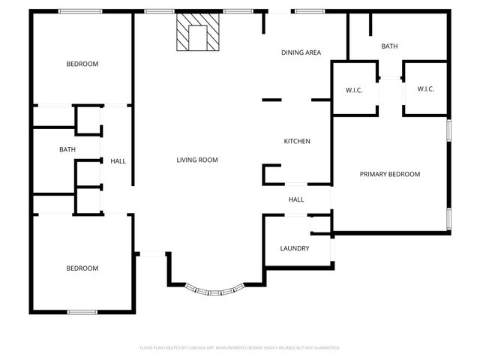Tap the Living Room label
197,160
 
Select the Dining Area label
301,52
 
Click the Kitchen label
296,141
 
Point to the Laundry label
295,248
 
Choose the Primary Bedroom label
389,174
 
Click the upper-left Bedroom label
82,64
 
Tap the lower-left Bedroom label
82,268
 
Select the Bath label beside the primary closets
389,46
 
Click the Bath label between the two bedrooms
67,150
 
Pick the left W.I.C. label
354,90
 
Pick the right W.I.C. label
425,89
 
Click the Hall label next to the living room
118,161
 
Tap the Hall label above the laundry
296,199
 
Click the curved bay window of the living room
214,289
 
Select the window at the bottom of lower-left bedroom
82,311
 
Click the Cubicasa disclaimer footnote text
240,348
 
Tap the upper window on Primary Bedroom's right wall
448,129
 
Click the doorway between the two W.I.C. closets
389,79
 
